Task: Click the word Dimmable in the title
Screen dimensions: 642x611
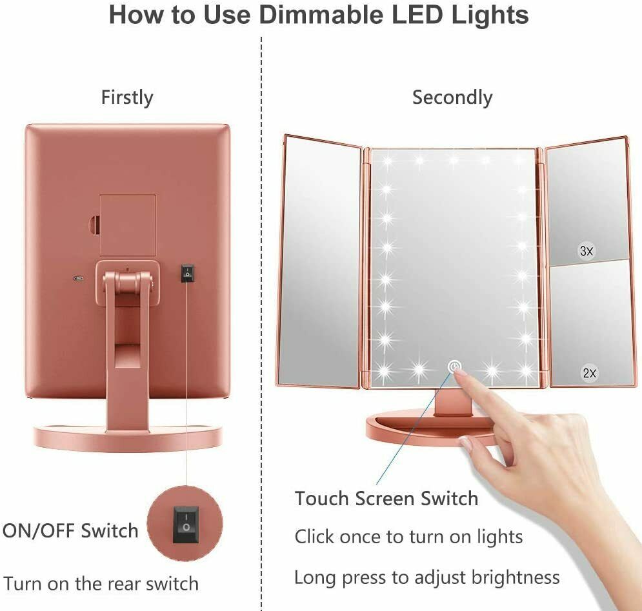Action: tap(323, 15)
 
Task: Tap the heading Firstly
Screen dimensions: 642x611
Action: tap(127, 98)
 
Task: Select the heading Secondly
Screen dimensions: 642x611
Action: tap(452, 98)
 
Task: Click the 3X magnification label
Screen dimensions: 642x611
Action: tap(587, 250)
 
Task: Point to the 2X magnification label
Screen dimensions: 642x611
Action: tap(590, 373)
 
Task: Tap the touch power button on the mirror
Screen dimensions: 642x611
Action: tap(454, 366)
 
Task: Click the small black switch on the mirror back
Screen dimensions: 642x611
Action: tap(187, 274)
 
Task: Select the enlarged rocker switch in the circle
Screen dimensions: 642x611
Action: tap(186, 525)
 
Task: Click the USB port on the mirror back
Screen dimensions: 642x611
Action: tap(77, 279)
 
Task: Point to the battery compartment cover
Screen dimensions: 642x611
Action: tap(128, 225)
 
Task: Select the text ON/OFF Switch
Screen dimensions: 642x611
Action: tap(70, 531)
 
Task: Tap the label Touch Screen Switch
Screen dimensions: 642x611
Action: tap(386, 498)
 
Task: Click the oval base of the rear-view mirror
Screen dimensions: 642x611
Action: tap(128, 437)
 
